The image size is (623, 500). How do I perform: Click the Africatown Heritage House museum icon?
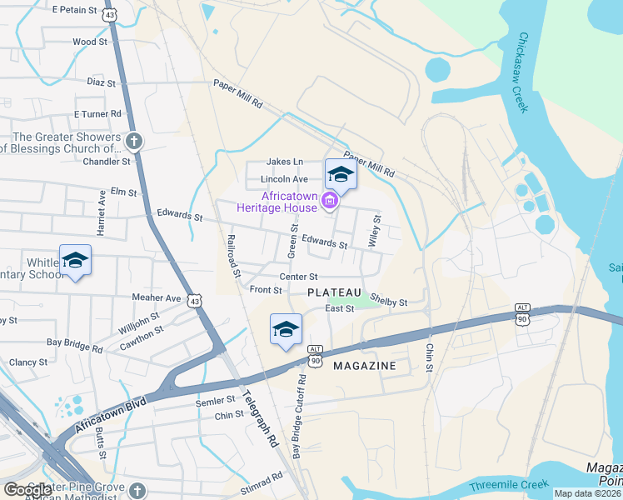[329, 200]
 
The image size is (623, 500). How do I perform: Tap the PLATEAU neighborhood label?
[334, 292]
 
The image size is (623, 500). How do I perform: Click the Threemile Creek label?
[509, 484]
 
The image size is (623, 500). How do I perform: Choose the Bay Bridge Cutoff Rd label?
[298, 416]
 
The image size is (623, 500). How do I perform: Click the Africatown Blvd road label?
[110, 414]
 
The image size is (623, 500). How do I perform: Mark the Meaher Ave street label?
[156, 297]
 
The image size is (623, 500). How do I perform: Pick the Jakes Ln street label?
[285, 162]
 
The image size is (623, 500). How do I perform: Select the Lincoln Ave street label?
[284, 179]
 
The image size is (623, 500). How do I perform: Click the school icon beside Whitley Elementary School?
[75, 260]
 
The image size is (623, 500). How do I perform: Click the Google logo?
[28, 489]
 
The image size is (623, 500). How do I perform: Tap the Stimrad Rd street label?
[262, 482]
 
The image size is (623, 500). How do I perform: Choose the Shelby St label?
[388, 302]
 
